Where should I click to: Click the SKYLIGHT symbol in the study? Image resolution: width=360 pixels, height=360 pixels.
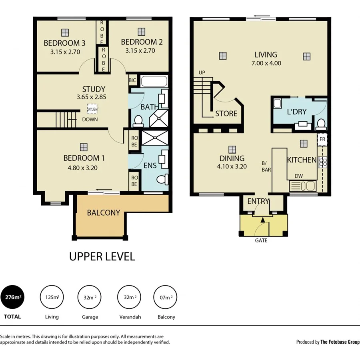[92, 109]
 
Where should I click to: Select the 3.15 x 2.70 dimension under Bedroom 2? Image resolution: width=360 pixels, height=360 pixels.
[140, 51]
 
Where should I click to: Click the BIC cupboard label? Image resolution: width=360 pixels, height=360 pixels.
[132, 80]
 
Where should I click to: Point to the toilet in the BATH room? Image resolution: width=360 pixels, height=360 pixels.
[138, 120]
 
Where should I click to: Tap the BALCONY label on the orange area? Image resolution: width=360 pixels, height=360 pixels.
[104, 213]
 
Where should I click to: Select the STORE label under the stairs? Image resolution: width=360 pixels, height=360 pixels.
[226, 114]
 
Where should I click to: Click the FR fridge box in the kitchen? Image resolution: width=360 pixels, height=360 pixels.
[322, 140]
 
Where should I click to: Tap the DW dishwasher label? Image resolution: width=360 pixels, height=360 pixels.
[298, 176]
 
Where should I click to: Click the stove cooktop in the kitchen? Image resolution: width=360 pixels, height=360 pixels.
[322, 162]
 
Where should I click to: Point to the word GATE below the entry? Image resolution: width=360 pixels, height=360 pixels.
[261, 241]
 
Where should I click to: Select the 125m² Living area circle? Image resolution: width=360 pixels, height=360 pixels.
[52, 297]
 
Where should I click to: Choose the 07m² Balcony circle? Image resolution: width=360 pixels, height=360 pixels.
[164, 297]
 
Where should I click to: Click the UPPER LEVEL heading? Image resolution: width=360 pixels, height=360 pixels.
[102, 256]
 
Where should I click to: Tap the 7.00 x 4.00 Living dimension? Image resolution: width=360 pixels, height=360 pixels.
[266, 63]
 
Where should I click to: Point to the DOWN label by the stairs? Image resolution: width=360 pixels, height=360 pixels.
[90, 119]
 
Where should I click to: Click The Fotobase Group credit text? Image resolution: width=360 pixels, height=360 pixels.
[340, 342]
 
